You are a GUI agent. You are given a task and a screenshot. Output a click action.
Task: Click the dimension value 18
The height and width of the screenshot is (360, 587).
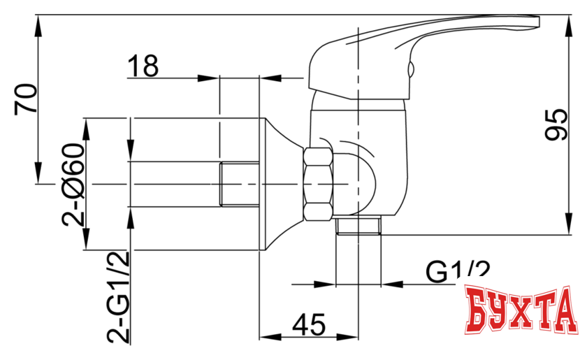pos(143,67)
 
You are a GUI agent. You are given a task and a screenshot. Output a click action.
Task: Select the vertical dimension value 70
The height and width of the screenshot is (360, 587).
pos(26,98)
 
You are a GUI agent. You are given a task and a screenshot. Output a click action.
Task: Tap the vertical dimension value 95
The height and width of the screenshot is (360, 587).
pos(557,125)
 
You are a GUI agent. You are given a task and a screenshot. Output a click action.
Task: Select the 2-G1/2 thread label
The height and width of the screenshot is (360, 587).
pos(119,296)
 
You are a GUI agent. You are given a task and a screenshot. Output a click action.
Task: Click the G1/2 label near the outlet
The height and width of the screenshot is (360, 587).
pos(458,271)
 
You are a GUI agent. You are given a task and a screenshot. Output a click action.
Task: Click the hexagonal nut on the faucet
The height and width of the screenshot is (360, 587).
pos(319,184)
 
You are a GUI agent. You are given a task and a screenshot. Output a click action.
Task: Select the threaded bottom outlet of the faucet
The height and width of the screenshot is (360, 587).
pos(358,225)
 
